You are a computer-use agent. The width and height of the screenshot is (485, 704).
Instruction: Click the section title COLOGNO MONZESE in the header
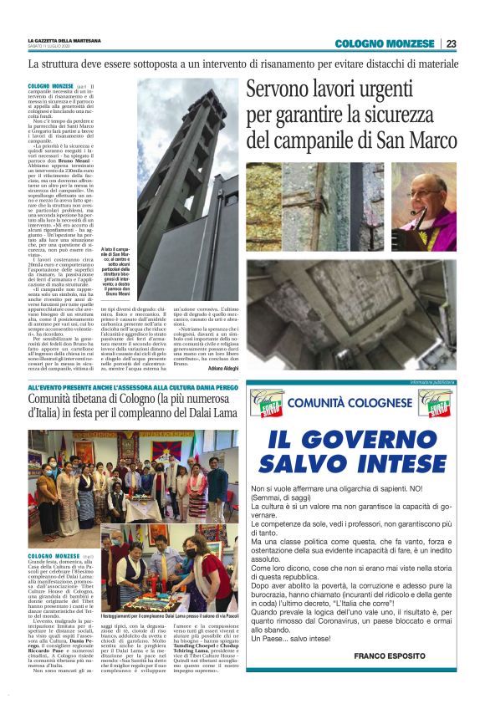coord(385,43)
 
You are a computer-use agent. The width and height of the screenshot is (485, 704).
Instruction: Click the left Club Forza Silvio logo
coord(267,403)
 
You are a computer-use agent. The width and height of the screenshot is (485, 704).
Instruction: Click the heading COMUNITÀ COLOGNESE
coord(352,403)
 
